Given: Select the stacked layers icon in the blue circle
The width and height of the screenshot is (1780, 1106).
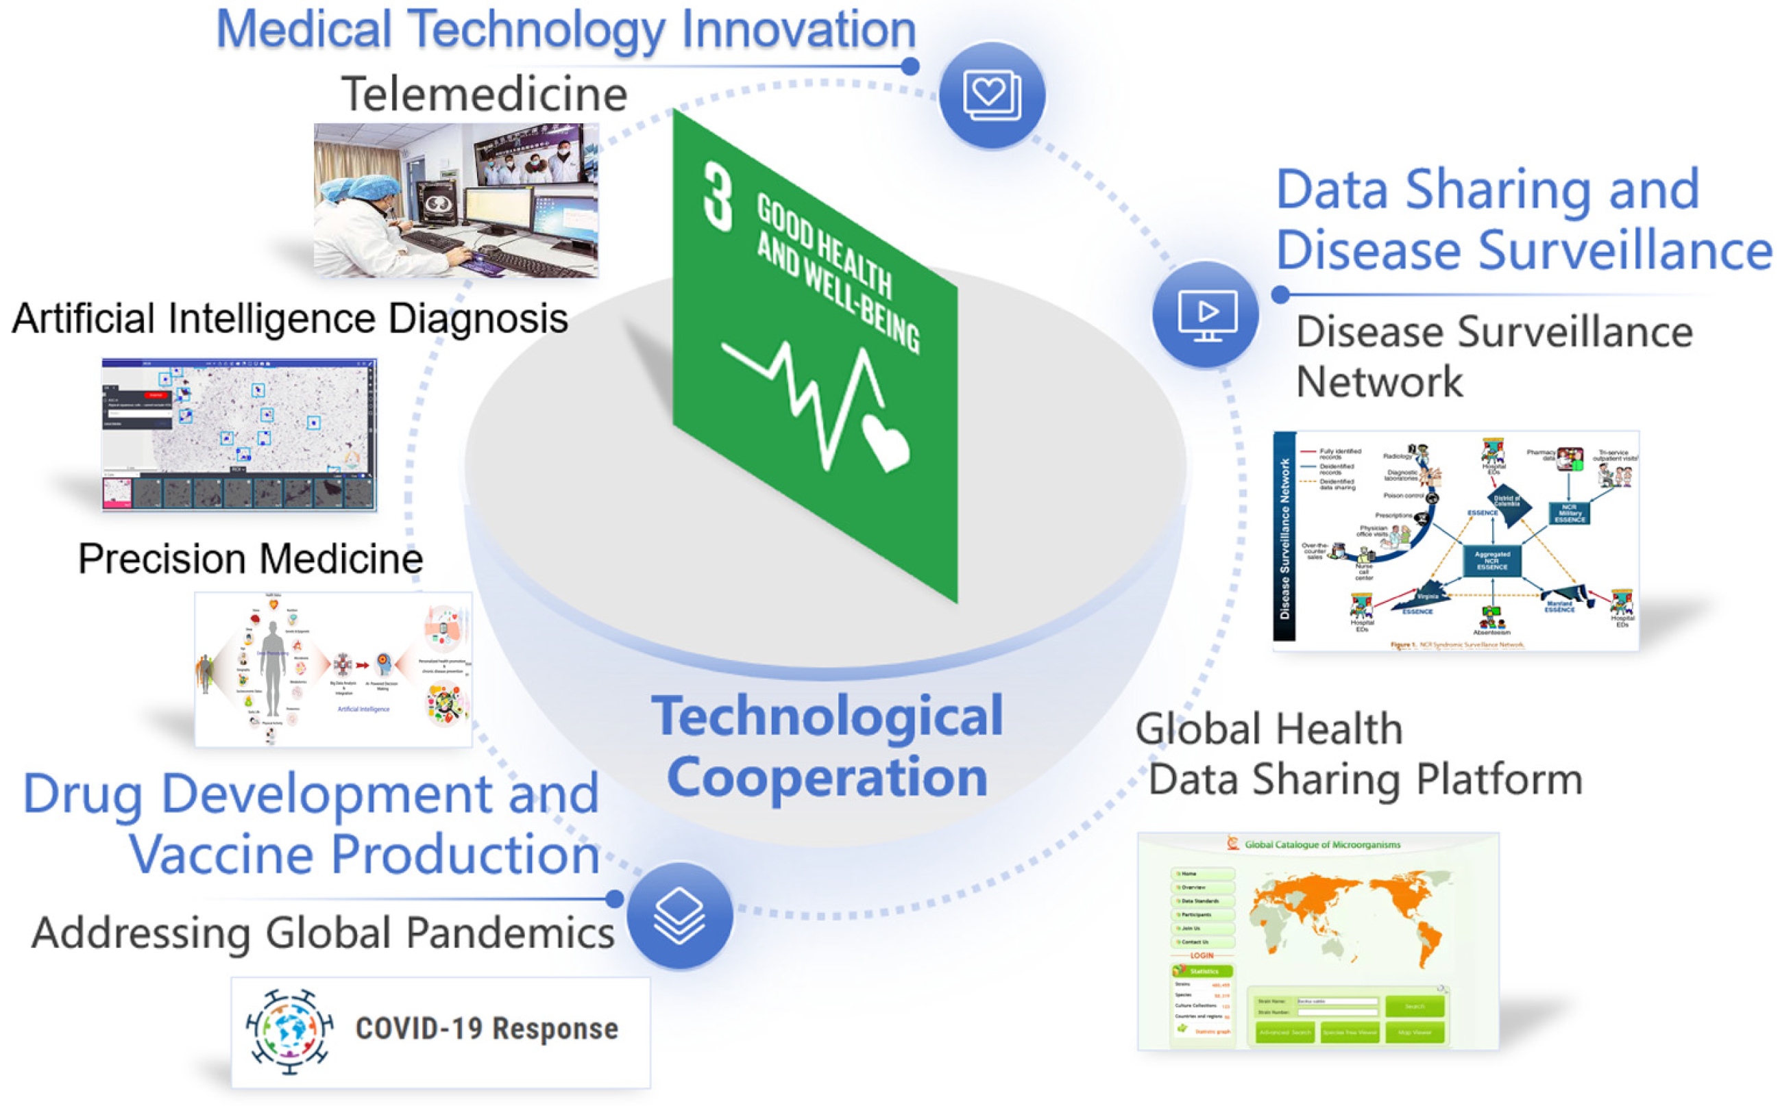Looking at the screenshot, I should tap(679, 916).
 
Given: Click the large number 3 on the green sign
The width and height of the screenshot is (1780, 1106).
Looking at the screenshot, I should tap(717, 197).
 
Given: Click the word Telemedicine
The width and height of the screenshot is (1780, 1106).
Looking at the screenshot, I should tap(484, 95).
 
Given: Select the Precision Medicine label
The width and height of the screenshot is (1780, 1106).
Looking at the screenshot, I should tap(250, 559).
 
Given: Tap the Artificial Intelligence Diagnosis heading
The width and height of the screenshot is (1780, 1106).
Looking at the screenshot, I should tap(290, 319).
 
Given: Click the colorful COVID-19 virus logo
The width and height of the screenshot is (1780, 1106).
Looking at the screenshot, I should tap(289, 1031).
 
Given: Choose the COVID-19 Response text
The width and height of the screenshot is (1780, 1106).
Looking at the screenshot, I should tap(487, 1029).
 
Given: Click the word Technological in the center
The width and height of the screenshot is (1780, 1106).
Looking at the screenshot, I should tap(827, 717).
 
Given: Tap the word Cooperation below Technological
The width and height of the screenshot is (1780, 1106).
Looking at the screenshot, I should tap(827, 777).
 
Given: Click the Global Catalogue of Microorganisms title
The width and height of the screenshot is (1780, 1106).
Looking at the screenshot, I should tap(1322, 845).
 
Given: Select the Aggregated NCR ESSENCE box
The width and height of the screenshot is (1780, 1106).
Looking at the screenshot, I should tap(1491, 561).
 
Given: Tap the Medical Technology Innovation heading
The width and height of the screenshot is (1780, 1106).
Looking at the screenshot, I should tap(565, 29).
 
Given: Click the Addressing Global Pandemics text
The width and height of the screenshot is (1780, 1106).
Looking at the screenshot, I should tap(323, 933).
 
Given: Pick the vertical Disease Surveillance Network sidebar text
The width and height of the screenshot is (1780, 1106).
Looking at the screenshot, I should tap(1284, 538).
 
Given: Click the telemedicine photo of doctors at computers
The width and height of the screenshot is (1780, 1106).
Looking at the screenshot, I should tap(456, 200).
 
